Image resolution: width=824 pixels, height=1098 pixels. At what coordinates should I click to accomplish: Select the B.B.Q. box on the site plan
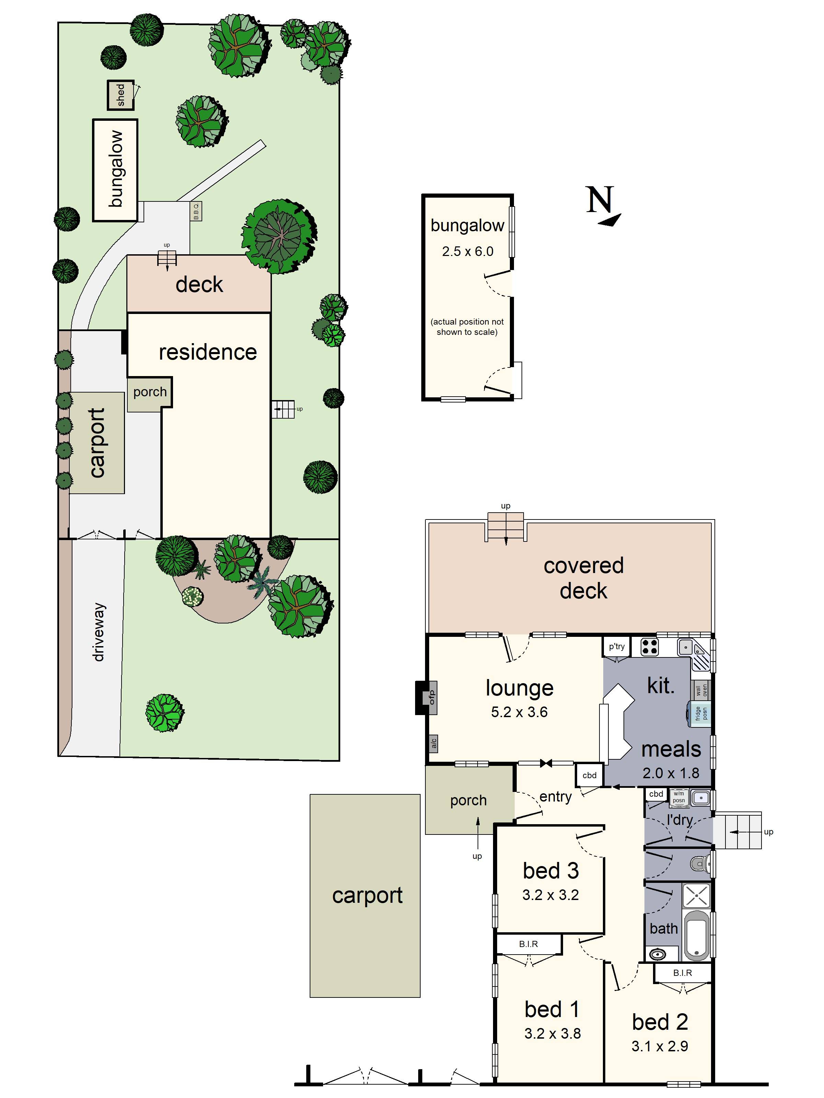click(x=196, y=211)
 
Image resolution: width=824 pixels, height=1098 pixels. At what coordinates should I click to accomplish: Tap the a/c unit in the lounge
click(x=433, y=743)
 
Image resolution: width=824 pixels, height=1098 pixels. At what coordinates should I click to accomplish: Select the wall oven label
click(x=701, y=689)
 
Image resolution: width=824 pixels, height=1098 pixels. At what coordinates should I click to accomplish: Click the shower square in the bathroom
click(x=696, y=896)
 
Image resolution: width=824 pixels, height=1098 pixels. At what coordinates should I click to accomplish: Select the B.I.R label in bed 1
click(x=528, y=944)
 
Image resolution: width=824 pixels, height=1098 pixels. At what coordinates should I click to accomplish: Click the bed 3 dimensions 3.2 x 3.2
click(x=550, y=895)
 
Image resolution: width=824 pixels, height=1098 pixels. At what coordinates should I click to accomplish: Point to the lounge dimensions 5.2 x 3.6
click(x=519, y=712)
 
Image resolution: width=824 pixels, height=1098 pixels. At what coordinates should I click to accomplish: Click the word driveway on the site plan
click(x=99, y=632)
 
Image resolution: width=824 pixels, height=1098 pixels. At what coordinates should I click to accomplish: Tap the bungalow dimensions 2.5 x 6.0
click(x=467, y=251)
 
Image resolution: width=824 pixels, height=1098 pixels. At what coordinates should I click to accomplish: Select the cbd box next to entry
click(x=589, y=775)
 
